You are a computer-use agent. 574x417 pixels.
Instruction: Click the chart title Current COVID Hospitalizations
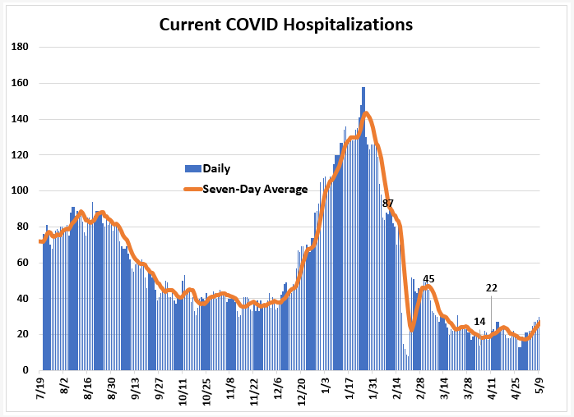(x=286, y=25)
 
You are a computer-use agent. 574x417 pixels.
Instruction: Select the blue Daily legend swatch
(x=193, y=168)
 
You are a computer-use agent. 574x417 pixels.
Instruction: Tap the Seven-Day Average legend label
(x=255, y=189)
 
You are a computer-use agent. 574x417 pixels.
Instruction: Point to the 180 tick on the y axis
(x=20, y=47)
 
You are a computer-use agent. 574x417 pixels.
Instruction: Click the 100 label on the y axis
(x=20, y=190)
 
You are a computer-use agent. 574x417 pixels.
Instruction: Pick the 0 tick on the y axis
(x=25, y=370)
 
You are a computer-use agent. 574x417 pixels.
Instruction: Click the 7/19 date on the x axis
(x=40, y=388)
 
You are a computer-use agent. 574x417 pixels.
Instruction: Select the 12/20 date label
(x=301, y=392)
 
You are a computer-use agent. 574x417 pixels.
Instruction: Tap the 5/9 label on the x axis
(x=539, y=387)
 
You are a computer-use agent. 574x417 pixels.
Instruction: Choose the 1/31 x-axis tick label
(x=373, y=389)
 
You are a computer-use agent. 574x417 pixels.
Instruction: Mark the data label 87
(x=387, y=204)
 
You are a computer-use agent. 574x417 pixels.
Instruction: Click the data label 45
(x=428, y=279)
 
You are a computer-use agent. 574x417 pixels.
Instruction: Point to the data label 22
(x=492, y=288)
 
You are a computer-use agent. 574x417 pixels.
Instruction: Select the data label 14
(x=479, y=321)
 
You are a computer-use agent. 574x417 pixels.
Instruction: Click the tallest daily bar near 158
(x=363, y=228)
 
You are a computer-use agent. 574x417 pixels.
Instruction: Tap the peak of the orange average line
(x=365, y=113)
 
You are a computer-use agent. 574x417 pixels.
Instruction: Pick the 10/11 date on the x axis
(x=183, y=392)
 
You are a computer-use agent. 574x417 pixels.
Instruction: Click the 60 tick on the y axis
(x=22, y=263)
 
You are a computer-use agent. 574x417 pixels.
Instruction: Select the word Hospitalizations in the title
(x=348, y=25)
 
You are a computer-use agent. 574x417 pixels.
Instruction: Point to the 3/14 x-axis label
(x=444, y=389)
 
